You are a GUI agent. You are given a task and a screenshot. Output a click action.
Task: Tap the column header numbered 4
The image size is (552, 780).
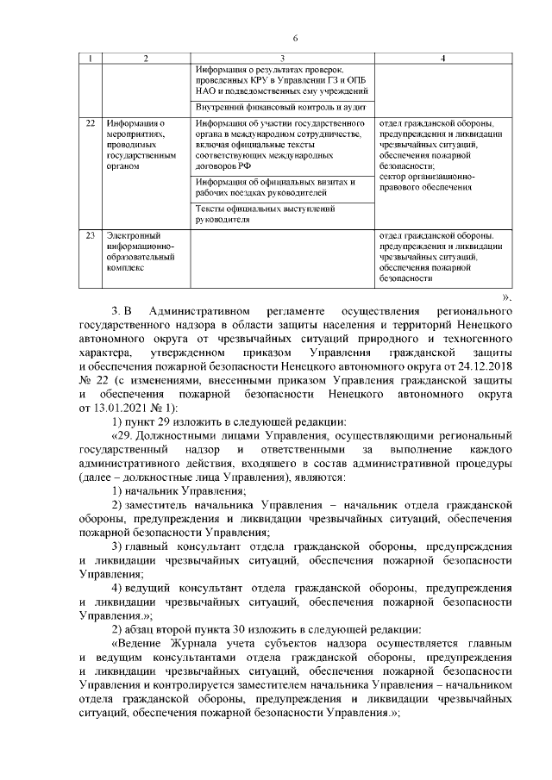click(x=442, y=58)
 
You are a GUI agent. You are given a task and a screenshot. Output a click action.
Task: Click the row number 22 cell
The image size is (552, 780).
click(x=91, y=124)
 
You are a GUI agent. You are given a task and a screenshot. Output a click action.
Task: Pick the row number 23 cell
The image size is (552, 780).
click(x=91, y=235)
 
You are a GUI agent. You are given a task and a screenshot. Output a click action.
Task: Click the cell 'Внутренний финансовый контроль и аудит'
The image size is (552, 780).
click(x=280, y=108)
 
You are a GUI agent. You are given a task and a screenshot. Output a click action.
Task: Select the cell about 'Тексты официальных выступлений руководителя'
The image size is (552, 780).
click(x=280, y=214)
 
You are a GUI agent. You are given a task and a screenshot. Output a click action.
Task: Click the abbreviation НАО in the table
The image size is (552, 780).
click(x=208, y=90)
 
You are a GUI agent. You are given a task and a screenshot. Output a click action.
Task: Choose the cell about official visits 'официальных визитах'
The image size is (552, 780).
click(x=280, y=187)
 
